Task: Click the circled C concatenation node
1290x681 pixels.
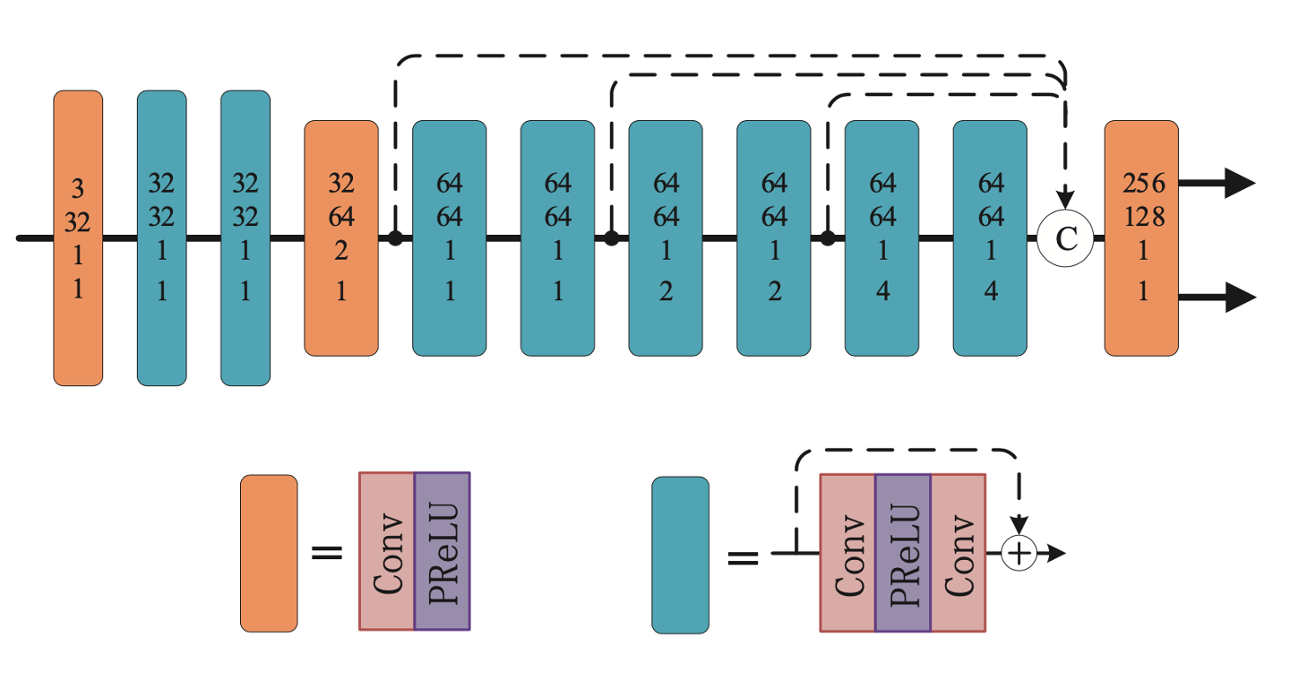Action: [1065, 238]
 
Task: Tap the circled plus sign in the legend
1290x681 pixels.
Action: [1019, 553]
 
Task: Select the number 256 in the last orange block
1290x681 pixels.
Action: [1142, 184]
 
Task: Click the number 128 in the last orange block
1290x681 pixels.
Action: [1142, 218]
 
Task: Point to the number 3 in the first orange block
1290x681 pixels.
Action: [78, 189]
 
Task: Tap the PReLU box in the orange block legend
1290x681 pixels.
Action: [442, 550]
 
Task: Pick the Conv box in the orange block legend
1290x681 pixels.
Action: [386, 550]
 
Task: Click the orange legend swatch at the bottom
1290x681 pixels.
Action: [269, 553]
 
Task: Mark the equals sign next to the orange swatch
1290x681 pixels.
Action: [327, 552]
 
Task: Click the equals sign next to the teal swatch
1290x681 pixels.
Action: [742, 558]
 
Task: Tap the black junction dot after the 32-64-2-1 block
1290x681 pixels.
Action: [394, 238]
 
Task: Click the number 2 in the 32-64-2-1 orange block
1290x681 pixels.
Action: [340, 252]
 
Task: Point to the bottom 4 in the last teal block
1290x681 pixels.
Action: [990, 292]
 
